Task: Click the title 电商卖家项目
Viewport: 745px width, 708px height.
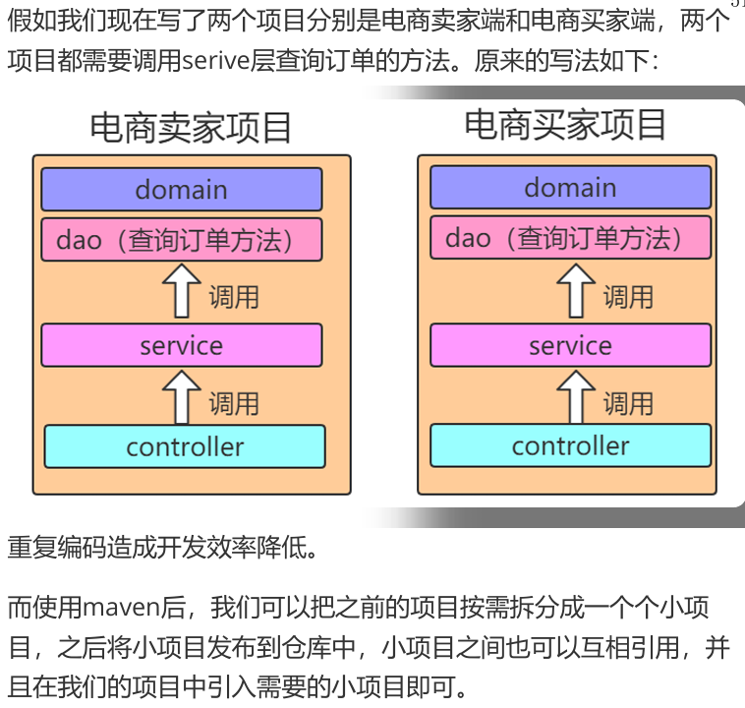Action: click(x=191, y=128)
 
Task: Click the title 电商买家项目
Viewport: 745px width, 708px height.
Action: click(x=565, y=125)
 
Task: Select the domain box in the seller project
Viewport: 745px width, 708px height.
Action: click(x=182, y=189)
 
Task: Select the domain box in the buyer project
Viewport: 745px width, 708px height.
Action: click(x=570, y=187)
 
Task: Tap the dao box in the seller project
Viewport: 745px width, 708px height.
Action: click(x=182, y=240)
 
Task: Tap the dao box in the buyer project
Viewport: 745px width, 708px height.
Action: click(x=570, y=238)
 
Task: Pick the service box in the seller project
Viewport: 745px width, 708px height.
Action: click(x=182, y=345)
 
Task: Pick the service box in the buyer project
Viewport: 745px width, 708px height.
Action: click(x=570, y=345)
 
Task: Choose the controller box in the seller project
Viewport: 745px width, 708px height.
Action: click(x=185, y=446)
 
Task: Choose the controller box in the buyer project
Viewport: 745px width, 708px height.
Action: click(x=570, y=445)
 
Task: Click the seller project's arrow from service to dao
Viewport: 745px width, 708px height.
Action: click(x=181, y=292)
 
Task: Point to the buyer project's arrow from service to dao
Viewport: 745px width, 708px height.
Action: click(x=576, y=291)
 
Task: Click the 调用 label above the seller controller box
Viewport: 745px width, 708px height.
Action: click(x=234, y=403)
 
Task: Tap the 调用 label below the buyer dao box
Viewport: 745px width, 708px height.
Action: click(x=628, y=296)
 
